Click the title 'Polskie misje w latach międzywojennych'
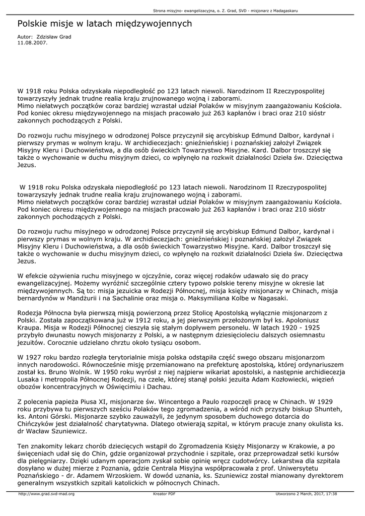coord(105,24)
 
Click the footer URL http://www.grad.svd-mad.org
coord(46,494)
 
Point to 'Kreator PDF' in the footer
coord(164,494)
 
